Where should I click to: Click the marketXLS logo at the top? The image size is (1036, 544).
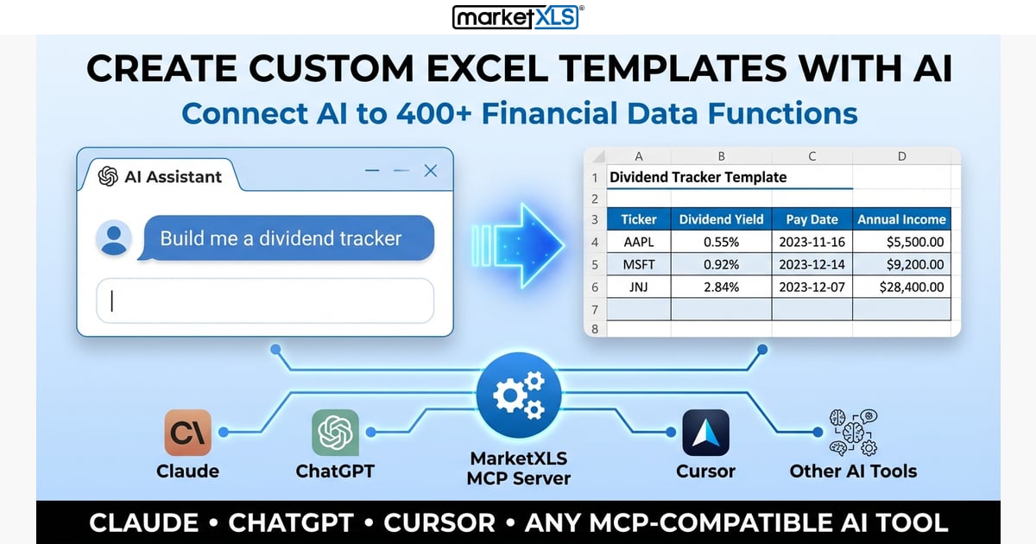518,16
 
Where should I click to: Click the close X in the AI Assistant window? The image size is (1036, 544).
431,172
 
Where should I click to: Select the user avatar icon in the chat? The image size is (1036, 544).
113,238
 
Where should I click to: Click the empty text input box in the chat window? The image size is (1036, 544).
264,300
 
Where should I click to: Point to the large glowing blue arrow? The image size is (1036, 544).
518,244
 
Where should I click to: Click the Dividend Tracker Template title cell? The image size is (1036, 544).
698,177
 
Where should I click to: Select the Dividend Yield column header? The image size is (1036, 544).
721,219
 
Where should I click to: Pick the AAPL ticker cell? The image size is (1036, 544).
639,242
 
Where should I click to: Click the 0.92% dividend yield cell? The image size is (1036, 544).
721,264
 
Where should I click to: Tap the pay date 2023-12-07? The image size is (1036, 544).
812,287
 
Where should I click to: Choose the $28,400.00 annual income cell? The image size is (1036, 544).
901,287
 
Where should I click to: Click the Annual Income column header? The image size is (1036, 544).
901,219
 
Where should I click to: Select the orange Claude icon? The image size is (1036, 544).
187,433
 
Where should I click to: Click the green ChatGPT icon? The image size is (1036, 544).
335,433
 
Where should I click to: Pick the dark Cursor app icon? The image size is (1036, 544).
705,433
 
